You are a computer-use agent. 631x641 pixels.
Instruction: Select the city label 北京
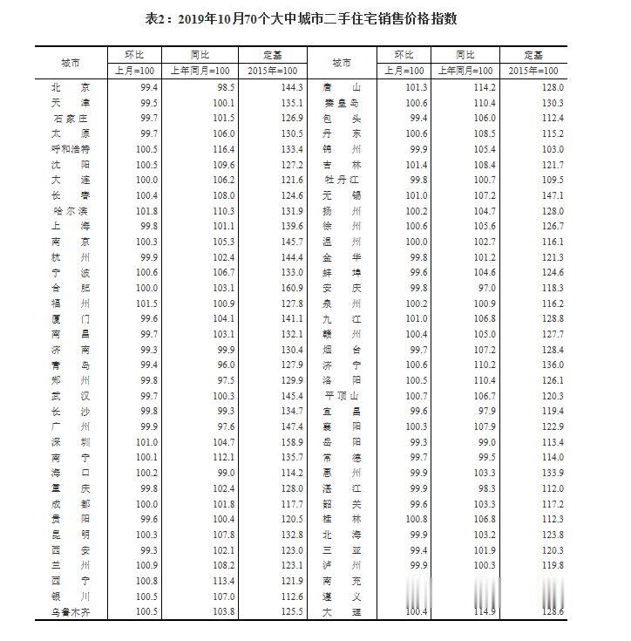pyautogui.click(x=71, y=87)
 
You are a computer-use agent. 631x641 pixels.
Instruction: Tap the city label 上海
pyautogui.click(x=71, y=226)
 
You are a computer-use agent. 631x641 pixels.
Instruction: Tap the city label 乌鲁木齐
pyautogui.click(x=71, y=612)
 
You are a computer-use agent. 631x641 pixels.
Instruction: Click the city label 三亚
pyautogui.click(x=340, y=550)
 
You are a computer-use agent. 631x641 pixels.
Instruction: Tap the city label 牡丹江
pyautogui.click(x=340, y=180)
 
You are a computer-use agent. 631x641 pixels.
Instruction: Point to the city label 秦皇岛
pyautogui.click(x=340, y=103)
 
